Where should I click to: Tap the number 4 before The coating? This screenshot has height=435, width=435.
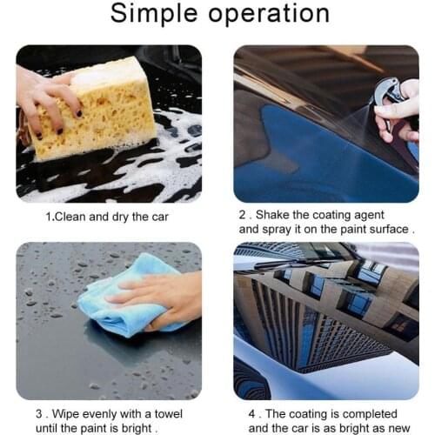pyautogui.click(x=252, y=414)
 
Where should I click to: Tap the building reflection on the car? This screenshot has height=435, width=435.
pyautogui.click(x=322, y=313)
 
